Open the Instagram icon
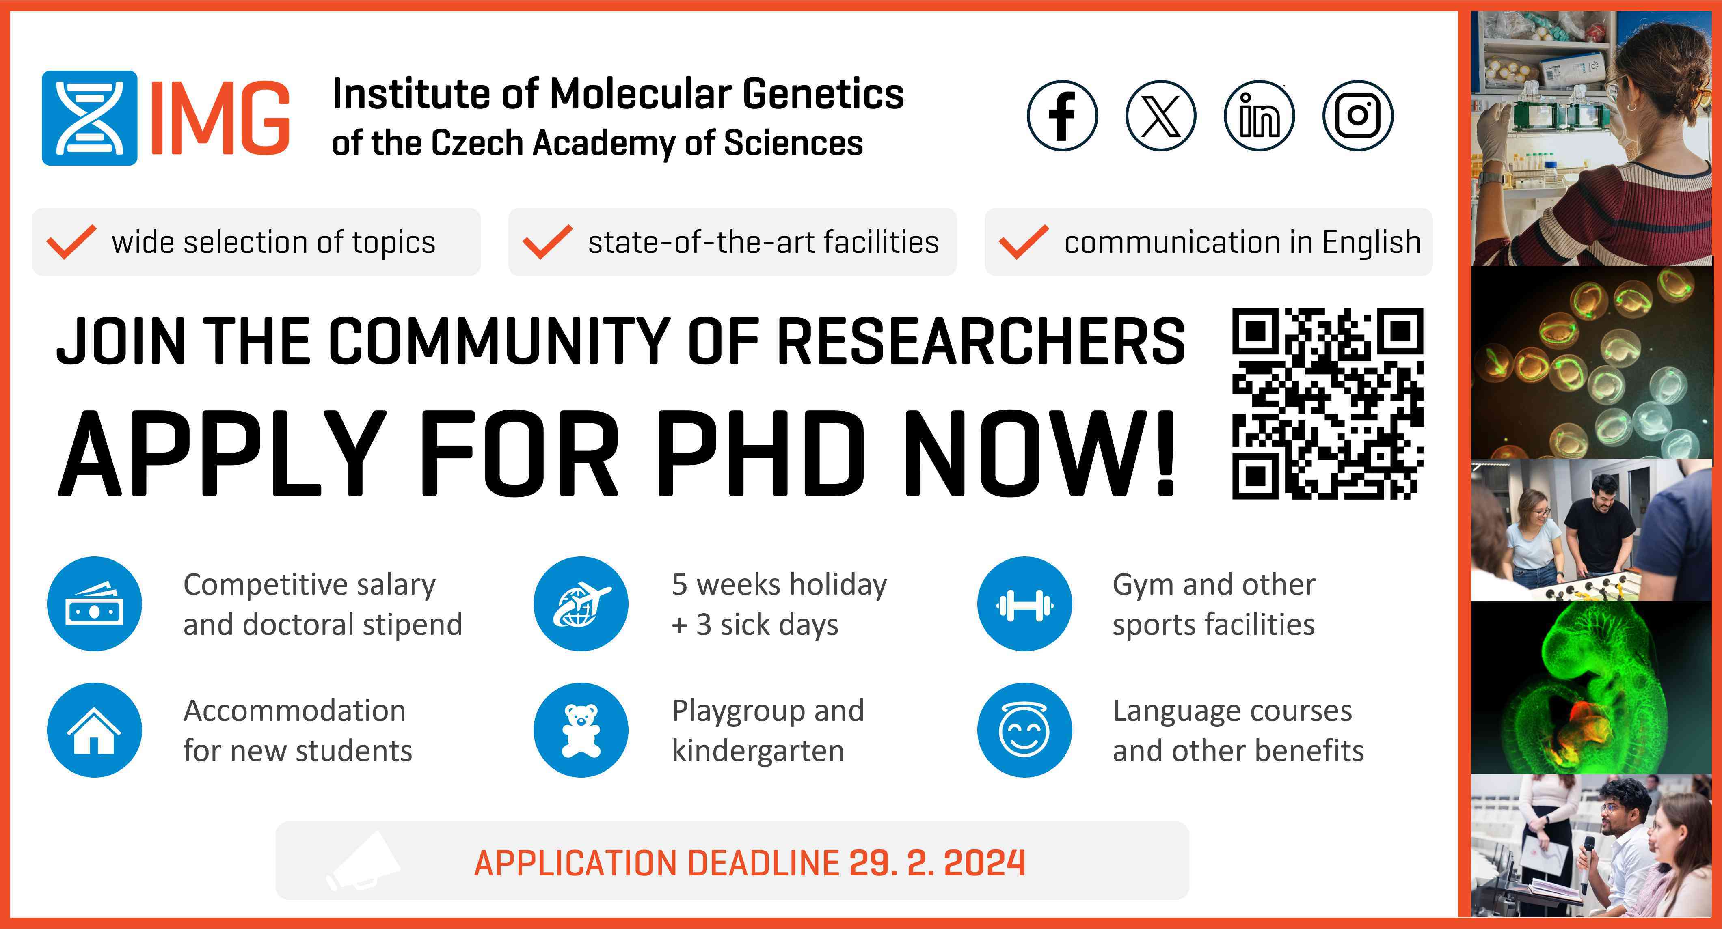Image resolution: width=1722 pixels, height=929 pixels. point(1358,116)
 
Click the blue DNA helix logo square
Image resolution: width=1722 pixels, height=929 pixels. point(90,118)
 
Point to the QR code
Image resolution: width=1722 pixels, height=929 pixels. point(1328,404)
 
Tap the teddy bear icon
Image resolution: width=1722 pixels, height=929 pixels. point(581,730)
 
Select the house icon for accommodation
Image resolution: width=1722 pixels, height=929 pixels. point(94,730)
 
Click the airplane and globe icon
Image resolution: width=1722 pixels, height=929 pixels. point(581,604)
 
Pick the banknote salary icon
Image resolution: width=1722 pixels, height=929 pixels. point(94,604)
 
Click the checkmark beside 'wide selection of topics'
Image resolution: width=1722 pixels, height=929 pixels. point(71,242)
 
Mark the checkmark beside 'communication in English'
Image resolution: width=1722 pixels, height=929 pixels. point(1024,242)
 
